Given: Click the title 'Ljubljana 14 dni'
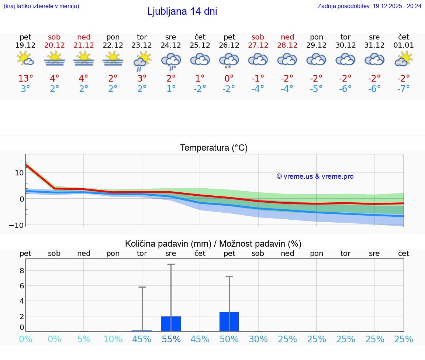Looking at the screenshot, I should (182, 11).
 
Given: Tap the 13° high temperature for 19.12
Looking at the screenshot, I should (25, 79).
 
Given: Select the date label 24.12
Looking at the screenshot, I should (171, 45).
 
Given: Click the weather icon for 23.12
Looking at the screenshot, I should (142, 61).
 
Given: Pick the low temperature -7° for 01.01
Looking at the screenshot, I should (404, 89).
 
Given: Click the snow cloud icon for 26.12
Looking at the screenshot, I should (229, 61).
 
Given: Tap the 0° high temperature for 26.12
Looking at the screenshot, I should (229, 79).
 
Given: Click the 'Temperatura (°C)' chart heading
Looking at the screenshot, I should (214, 148).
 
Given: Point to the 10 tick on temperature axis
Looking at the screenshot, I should (19, 173).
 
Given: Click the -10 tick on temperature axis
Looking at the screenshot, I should (17, 225).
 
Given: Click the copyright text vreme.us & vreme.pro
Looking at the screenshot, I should (315, 176).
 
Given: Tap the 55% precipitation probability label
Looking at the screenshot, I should (171, 339).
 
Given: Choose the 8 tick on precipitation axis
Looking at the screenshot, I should (22, 271).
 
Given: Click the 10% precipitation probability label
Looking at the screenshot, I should (113, 339).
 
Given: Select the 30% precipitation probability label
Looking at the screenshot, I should (258, 339).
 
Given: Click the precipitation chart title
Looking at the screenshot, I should (213, 244).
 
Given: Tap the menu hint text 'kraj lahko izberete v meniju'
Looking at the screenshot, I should (41, 6).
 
